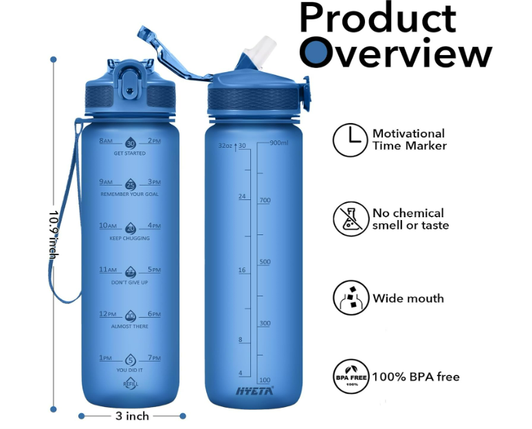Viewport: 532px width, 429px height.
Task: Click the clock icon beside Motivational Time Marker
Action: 350,140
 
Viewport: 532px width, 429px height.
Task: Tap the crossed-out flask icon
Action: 350,219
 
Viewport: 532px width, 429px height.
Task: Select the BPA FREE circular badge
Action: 351,376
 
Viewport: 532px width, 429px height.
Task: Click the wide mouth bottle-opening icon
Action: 350,298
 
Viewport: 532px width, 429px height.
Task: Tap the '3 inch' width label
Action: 132,416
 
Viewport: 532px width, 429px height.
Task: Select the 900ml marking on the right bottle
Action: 279,143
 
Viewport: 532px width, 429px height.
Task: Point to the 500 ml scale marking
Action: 264,262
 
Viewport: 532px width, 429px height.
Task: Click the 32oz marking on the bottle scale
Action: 225,146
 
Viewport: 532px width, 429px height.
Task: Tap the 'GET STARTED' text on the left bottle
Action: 130,153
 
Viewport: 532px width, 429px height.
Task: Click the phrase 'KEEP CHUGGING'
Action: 130,239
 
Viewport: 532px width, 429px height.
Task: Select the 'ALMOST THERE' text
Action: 130,326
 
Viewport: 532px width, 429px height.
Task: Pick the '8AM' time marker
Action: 105,141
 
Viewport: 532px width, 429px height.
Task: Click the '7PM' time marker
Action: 154,358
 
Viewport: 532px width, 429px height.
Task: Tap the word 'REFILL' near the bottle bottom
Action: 130,384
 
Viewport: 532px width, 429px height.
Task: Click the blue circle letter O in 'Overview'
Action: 317,52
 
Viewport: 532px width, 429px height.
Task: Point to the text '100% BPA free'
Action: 416,377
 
